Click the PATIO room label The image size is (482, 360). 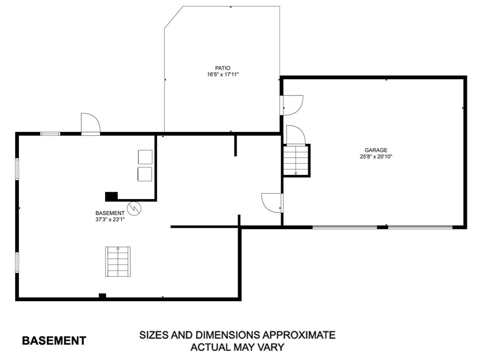point(222,68)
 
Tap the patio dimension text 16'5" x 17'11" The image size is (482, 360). point(222,75)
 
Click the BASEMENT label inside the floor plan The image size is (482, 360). point(110,213)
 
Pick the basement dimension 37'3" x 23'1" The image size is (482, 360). point(110,220)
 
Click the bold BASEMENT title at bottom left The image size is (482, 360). point(54,341)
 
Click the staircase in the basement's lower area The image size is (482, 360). point(118,262)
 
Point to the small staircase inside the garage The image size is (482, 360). point(296,161)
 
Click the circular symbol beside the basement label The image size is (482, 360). point(135,208)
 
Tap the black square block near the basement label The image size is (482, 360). point(111,196)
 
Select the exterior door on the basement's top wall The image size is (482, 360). point(90,125)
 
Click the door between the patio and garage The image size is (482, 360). point(292,105)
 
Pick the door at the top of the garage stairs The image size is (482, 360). point(295,135)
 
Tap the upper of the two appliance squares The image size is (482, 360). point(145,157)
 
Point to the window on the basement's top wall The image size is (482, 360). point(50,134)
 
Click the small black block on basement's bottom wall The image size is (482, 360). point(102,296)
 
